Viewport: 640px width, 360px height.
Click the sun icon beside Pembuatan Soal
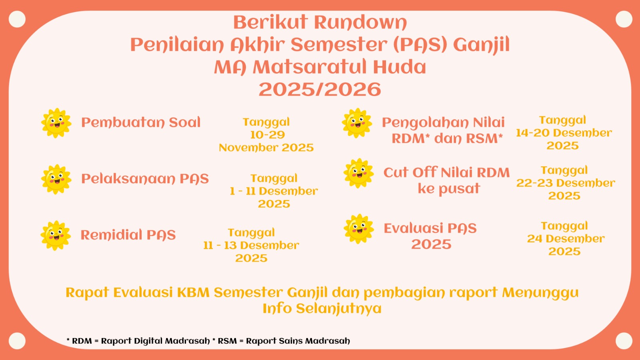(56, 123)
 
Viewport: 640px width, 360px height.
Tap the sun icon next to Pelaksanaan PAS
(56, 179)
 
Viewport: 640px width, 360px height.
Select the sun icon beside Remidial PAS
(56, 236)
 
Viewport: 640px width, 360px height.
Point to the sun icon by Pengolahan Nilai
(357, 123)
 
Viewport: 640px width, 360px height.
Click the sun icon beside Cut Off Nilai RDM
(358, 173)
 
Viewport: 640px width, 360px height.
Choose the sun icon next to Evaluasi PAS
(358, 229)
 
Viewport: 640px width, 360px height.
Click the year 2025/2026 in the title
(320, 89)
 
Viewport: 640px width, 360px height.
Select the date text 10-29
(268, 135)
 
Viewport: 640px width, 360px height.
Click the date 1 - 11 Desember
(274, 191)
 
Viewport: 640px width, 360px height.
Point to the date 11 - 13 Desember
(251, 246)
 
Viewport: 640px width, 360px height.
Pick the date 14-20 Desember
(564, 133)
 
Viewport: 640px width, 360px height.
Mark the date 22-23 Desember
(566, 183)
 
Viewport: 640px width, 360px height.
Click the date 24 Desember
(566, 239)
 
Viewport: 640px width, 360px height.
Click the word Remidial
(111, 235)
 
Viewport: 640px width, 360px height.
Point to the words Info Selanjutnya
(322, 308)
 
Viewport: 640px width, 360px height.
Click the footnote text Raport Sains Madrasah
(298, 341)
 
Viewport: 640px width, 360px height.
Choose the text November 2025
(266, 148)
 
